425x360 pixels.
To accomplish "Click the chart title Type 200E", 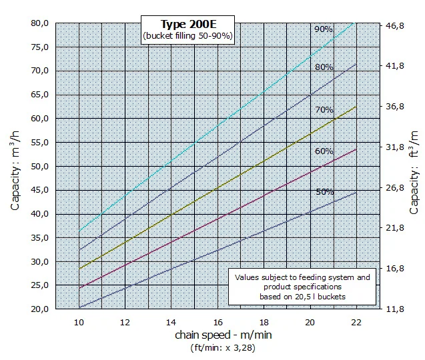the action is (189, 24).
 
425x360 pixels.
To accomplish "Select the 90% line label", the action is (324, 29).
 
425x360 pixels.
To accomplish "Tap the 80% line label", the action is (324, 67).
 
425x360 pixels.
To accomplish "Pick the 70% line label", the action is (324, 110).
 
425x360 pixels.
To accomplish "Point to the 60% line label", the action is (324, 151).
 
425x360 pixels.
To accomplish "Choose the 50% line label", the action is (325, 192).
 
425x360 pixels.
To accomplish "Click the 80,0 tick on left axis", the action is (39, 23).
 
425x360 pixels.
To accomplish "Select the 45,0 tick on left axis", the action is (39, 190).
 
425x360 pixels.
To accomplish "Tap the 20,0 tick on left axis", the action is (39, 309).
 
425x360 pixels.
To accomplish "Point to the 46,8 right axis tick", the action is (395, 25).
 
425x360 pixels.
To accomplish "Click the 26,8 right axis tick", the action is (395, 187).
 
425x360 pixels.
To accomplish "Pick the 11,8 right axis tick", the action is (395, 309).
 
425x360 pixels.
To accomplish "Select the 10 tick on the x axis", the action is (79, 323).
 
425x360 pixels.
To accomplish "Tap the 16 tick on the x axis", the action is (218, 323).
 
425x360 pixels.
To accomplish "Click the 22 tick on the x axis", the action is (356, 323).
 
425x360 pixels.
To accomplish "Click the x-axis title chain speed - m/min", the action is (224, 335).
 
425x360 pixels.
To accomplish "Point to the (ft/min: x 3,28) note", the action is (223, 347).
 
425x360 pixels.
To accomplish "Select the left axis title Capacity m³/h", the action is (15, 171).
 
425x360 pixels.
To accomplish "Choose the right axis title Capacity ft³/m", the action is (414, 173).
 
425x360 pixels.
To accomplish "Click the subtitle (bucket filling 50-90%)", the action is (187, 36).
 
